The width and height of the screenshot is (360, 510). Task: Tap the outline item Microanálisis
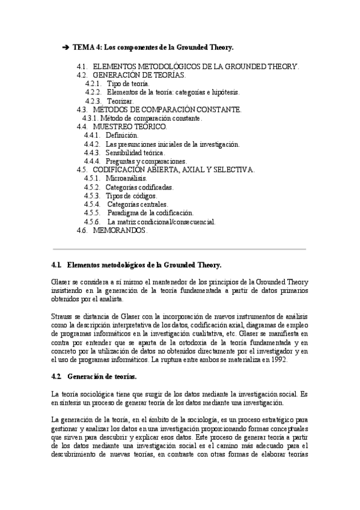pyautogui.click(x=125, y=179)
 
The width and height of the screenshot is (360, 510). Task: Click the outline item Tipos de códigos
pyautogui.click(x=131, y=195)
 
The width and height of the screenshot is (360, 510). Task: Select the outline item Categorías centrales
pyautogui.click(x=137, y=204)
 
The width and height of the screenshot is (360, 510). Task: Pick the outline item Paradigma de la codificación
pyautogui.click(x=150, y=212)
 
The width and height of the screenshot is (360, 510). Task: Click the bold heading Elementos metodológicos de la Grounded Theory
pyautogui.click(x=144, y=265)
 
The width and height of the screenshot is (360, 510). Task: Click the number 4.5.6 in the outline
pyautogui.click(x=93, y=221)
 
